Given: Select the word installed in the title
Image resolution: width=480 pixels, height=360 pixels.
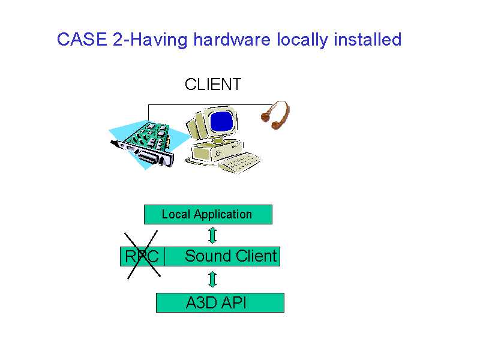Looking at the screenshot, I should click(367, 40).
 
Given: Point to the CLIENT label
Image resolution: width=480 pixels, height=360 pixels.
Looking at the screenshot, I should click(213, 85).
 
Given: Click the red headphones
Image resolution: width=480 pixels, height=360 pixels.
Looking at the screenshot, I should click(277, 115).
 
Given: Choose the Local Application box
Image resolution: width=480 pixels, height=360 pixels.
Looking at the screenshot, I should click(208, 214).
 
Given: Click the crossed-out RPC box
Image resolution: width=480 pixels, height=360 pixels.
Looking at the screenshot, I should click(142, 257).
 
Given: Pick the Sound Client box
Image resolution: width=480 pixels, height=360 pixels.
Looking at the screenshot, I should click(222, 257).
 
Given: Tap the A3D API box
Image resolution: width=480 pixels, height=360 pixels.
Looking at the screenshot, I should click(220, 303).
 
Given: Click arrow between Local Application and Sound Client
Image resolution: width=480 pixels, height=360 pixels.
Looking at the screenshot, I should click(212, 235).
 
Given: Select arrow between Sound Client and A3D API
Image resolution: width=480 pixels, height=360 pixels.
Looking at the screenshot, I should click(212, 280).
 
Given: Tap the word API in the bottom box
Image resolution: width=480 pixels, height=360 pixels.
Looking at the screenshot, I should click(234, 303).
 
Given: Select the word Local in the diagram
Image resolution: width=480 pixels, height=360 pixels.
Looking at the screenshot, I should click(176, 214).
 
